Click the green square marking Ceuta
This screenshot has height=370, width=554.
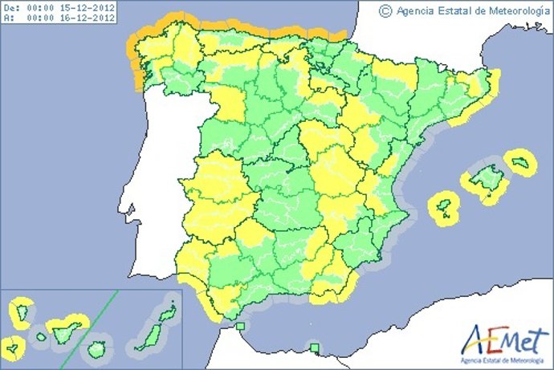pyautogui.click(x=241, y=326)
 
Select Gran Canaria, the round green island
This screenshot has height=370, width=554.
pyautogui.click(x=97, y=350)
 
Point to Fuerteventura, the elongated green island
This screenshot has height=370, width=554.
pyautogui.click(x=148, y=335)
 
